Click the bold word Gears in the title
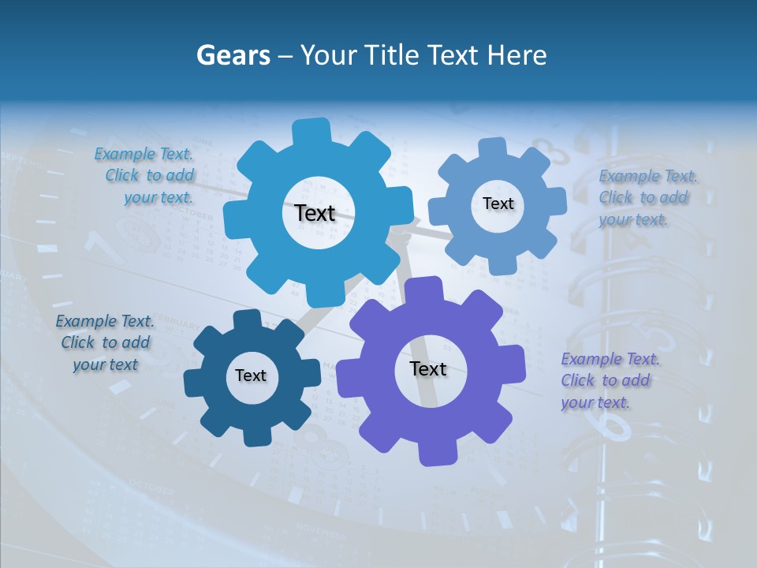click(232, 55)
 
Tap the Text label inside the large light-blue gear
click(315, 213)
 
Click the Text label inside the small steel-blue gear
click(498, 204)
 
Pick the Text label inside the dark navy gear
click(250, 376)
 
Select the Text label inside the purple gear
click(427, 368)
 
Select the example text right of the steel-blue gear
click(646, 198)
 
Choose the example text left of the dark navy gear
click(105, 343)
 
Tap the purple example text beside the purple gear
click(609, 381)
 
